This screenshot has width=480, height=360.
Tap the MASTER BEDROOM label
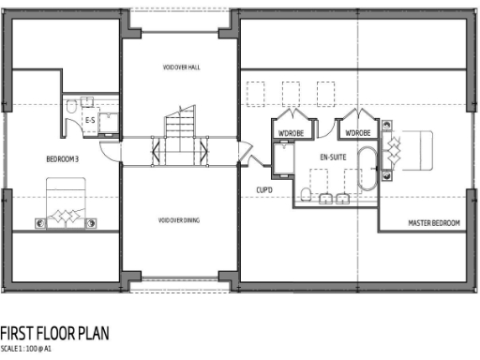(x=433, y=223)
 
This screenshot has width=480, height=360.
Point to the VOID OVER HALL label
(x=180, y=67)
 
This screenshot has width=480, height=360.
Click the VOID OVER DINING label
(x=180, y=220)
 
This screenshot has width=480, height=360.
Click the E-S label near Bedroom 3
(x=90, y=121)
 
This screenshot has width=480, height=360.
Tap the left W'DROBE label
(x=288, y=130)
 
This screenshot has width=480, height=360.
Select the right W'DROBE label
(x=357, y=130)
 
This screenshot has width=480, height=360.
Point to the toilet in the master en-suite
(x=307, y=194)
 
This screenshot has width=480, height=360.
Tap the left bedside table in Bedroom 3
(x=39, y=222)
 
